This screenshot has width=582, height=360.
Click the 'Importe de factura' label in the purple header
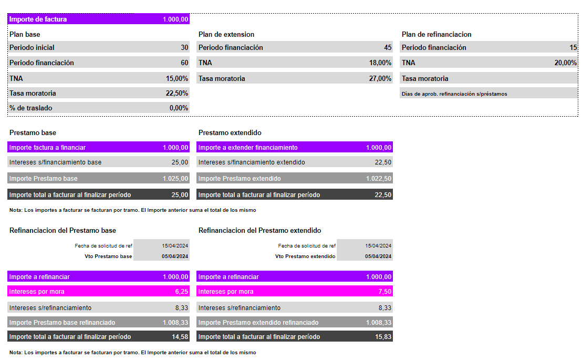[x=38, y=19]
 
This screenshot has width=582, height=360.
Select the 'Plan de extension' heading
[x=226, y=34]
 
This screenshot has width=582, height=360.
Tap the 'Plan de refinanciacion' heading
[x=436, y=34]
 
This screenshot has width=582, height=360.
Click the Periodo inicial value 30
[x=184, y=47]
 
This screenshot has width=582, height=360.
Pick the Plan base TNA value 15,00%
[x=177, y=78]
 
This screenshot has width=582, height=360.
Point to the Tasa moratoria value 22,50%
[x=177, y=93]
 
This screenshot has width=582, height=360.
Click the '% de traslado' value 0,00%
[x=179, y=108]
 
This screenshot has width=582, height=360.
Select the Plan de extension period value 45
[x=388, y=47]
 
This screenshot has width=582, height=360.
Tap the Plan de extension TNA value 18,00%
[x=380, y=63]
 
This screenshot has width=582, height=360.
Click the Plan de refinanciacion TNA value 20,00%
[x=565, y=63]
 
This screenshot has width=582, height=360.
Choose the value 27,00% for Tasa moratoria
[x=380, y=78]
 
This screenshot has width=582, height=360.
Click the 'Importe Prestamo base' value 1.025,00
[x=175, y=178]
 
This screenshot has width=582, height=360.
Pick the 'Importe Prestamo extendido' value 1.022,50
[x=379, y=178]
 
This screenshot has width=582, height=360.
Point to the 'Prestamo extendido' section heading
[x=230, y=132]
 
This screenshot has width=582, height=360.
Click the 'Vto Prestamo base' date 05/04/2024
[x=175, y=256]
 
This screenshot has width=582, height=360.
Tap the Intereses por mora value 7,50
[x=384, y=291]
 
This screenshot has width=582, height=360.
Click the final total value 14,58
[x=180, y=336]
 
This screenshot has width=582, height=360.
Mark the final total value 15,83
[x=383, y=336]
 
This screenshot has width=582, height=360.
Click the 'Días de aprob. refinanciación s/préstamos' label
[x=454, y=94]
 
